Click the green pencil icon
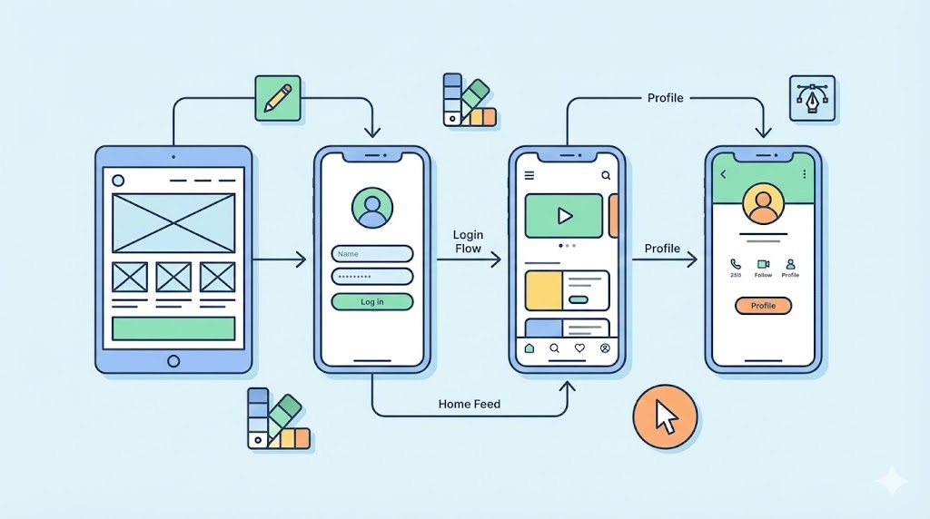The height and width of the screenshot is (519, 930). coord(278,97)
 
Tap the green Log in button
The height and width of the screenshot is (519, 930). coord(371,302)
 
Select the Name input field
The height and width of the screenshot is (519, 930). coord(371,254)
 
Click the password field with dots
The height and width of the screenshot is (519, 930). coord(371,277)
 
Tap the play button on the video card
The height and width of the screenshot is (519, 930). coord(564,216)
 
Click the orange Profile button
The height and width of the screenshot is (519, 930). coord(763,306)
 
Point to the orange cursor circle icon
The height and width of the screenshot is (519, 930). coord(666,417)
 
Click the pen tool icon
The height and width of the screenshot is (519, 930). coord(812,98)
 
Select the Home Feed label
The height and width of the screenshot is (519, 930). coord(469,404)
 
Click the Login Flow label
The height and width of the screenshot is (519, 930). coord(468,241)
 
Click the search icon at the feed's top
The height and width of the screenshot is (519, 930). coord(606,175)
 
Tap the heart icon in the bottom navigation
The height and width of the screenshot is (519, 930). coord(579,348)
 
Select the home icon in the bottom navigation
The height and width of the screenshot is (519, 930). coord(529,348)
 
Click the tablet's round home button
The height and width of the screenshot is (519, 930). coord(173,360)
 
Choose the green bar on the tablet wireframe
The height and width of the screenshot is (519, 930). coord(173,328)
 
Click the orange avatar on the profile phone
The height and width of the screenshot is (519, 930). coord(763,205)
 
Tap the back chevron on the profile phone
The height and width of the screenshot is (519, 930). coord(724,173)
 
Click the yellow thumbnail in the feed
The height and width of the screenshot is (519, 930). coord(544,290)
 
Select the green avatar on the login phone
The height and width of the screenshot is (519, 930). coord(371,209)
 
